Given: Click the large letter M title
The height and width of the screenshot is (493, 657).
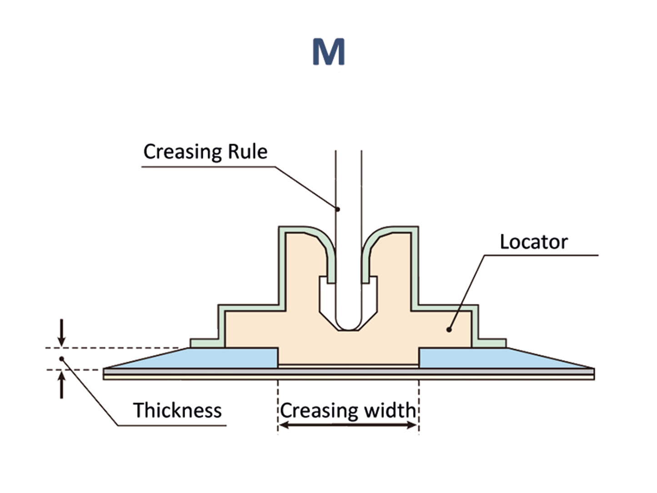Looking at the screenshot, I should (328, 52).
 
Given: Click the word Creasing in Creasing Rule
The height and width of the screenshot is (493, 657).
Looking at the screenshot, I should (182, 152).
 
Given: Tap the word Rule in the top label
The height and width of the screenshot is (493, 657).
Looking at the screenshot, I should (247, 152).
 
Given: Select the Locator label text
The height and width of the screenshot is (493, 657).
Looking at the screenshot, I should (533, 242).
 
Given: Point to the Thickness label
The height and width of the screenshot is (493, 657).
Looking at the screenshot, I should (177, 410).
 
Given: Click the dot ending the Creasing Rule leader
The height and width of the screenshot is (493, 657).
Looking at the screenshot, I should (338, 209).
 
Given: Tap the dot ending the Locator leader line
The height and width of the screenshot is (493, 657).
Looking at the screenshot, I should (449, 329).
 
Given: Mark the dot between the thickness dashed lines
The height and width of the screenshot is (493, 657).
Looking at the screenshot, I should (61, 359).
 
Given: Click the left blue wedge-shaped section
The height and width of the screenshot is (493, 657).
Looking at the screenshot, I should (205, 359).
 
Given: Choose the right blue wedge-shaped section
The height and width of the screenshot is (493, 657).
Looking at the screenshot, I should (491, 359).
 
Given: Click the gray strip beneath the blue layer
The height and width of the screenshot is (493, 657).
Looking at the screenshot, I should (349, 372).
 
